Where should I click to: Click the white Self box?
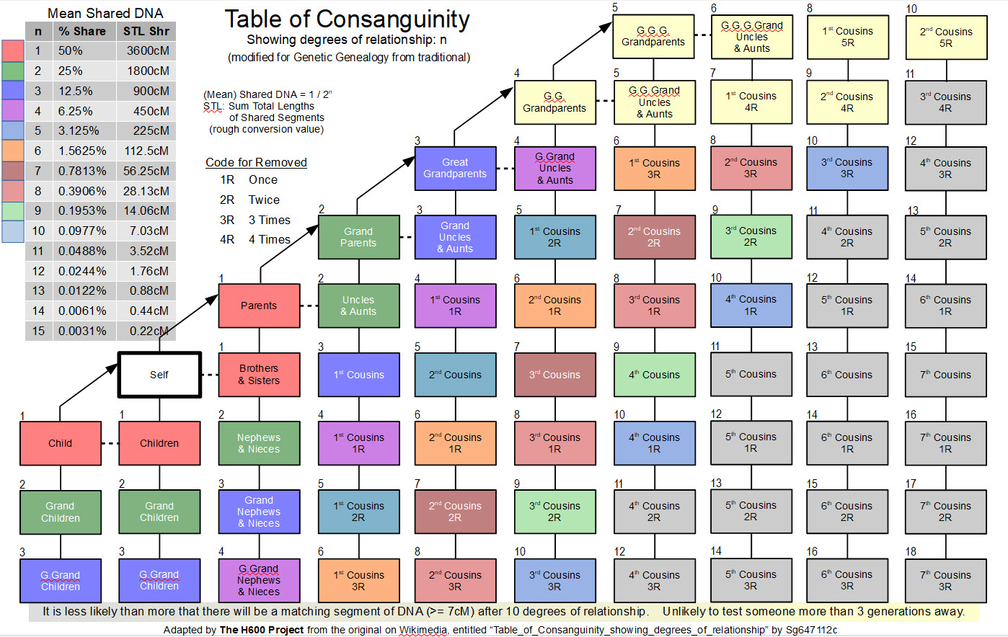(159, 375)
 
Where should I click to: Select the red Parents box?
(259, 306)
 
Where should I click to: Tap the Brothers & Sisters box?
(259, 375)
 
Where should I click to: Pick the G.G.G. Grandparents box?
(653, 37)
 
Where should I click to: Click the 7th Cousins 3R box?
(945, 581)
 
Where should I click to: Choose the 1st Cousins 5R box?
(847, 37)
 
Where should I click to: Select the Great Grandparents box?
(455, 168)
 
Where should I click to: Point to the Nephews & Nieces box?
(259, 443)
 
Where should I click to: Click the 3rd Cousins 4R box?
(945, 102)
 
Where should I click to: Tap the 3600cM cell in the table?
(147, 51)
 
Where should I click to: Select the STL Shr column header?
(146, 31)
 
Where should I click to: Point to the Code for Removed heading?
(256, 162)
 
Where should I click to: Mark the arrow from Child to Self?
(88, 386)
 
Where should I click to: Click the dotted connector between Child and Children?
(110, 443)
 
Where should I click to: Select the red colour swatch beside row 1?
(12, 51)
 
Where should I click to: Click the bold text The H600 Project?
(261, 630)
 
